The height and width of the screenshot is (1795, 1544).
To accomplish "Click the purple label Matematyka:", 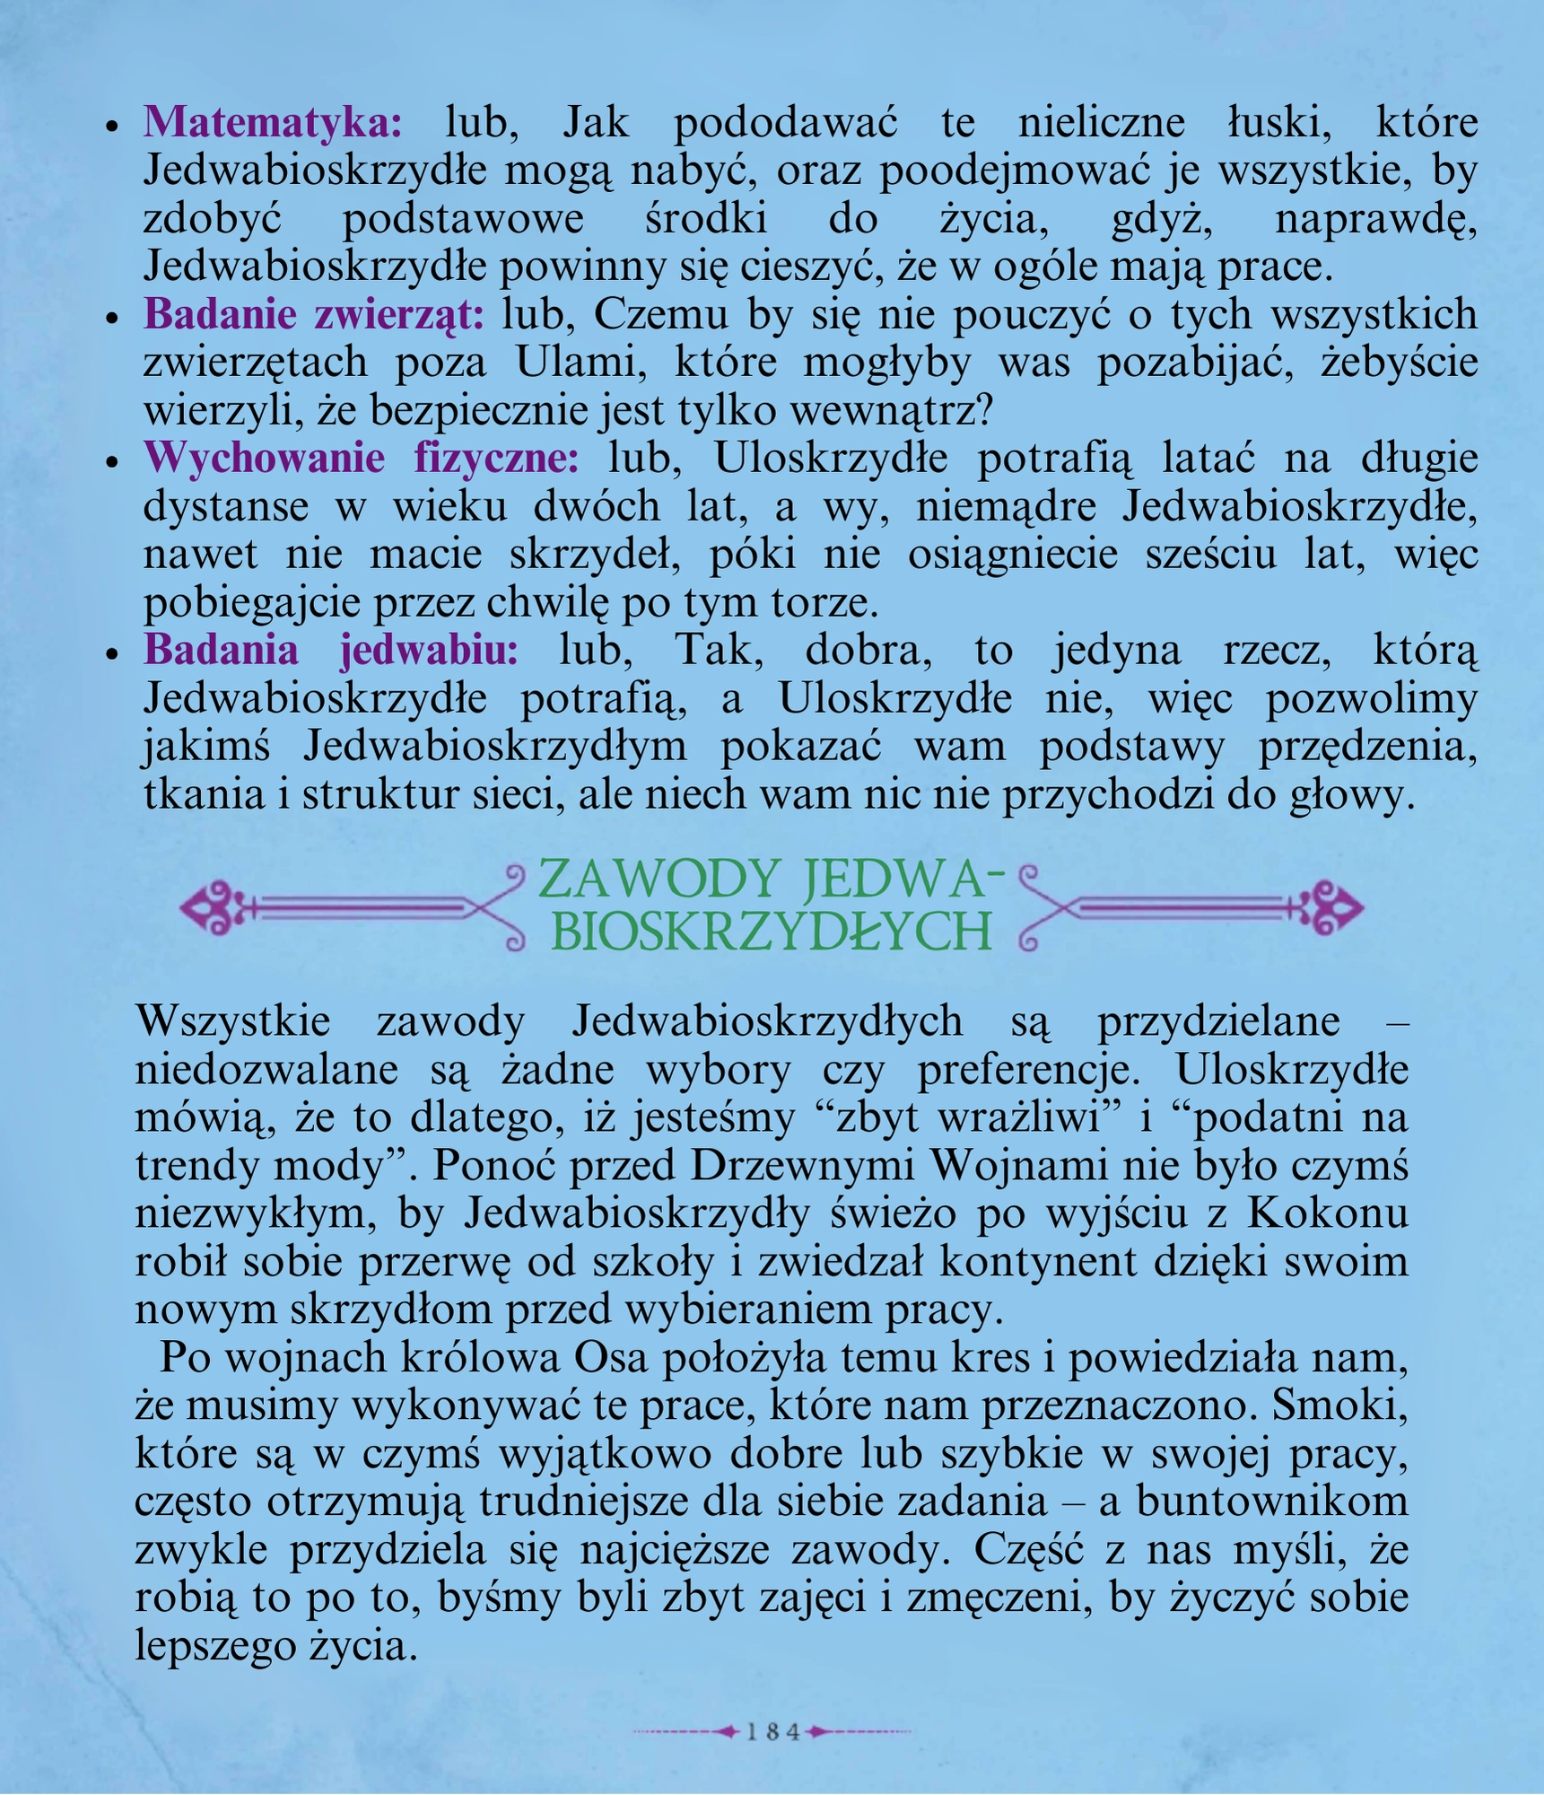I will (273, 123).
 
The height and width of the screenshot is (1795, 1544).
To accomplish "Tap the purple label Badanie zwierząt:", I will (313, 315).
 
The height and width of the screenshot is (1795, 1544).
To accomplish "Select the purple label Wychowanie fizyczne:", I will (362, 459).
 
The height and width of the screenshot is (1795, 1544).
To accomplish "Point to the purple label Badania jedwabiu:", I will (331, 651).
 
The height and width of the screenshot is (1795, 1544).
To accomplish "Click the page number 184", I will (772, 1732).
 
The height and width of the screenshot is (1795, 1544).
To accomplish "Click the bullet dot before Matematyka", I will (112, 127).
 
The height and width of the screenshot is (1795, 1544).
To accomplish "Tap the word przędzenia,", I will (1368, 747).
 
